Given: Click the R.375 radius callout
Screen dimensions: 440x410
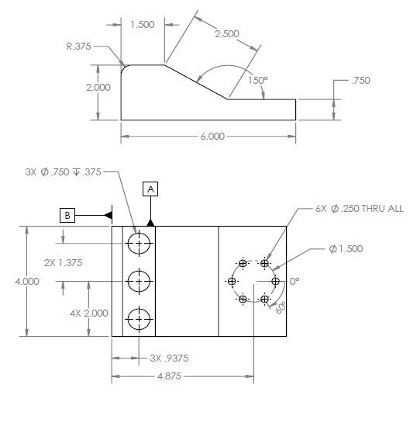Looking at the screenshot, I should pyautogui.click(x=78, y=47).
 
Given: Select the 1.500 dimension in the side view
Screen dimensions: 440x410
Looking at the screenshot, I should pyautogui.click(x=143, y=25).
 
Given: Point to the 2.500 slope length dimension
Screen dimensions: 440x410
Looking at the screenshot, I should pyautogui.click(x=227, y=35).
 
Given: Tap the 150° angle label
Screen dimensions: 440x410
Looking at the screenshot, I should pyautogui.click(x=258, y=80).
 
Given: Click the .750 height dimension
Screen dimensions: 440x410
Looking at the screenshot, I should pyautogui.click(x=360, y=81).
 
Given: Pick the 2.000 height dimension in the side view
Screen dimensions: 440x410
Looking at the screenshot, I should pyautogui.click(x=98, y=88).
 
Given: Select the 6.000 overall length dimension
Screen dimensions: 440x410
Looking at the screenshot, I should pyautogui.click(x=212, y=136).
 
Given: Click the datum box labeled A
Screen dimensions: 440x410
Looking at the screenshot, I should pyautogui.click(x=150, y=189).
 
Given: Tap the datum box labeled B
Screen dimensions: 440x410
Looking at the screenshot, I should pyautogui.click(x=68, y=215).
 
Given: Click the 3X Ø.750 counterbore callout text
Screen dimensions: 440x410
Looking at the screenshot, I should pyautogui.click(x=61, y=172).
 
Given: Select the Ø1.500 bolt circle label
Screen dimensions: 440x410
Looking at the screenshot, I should pyautogui.click(x=346, y=249).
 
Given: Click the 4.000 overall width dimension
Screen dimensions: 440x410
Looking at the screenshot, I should pyautogui.click(x=27, y=282).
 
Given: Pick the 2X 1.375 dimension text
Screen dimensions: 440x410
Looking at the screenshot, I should pyautogui.click(x=63, y=263).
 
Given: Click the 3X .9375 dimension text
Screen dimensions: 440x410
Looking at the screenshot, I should pyautogui.click(x=169, y=359).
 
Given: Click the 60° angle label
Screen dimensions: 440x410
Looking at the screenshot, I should pyautogui.click(x=280, y=306).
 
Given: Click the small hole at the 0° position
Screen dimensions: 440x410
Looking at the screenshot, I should pyautogui.click(x=274, y=282).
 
